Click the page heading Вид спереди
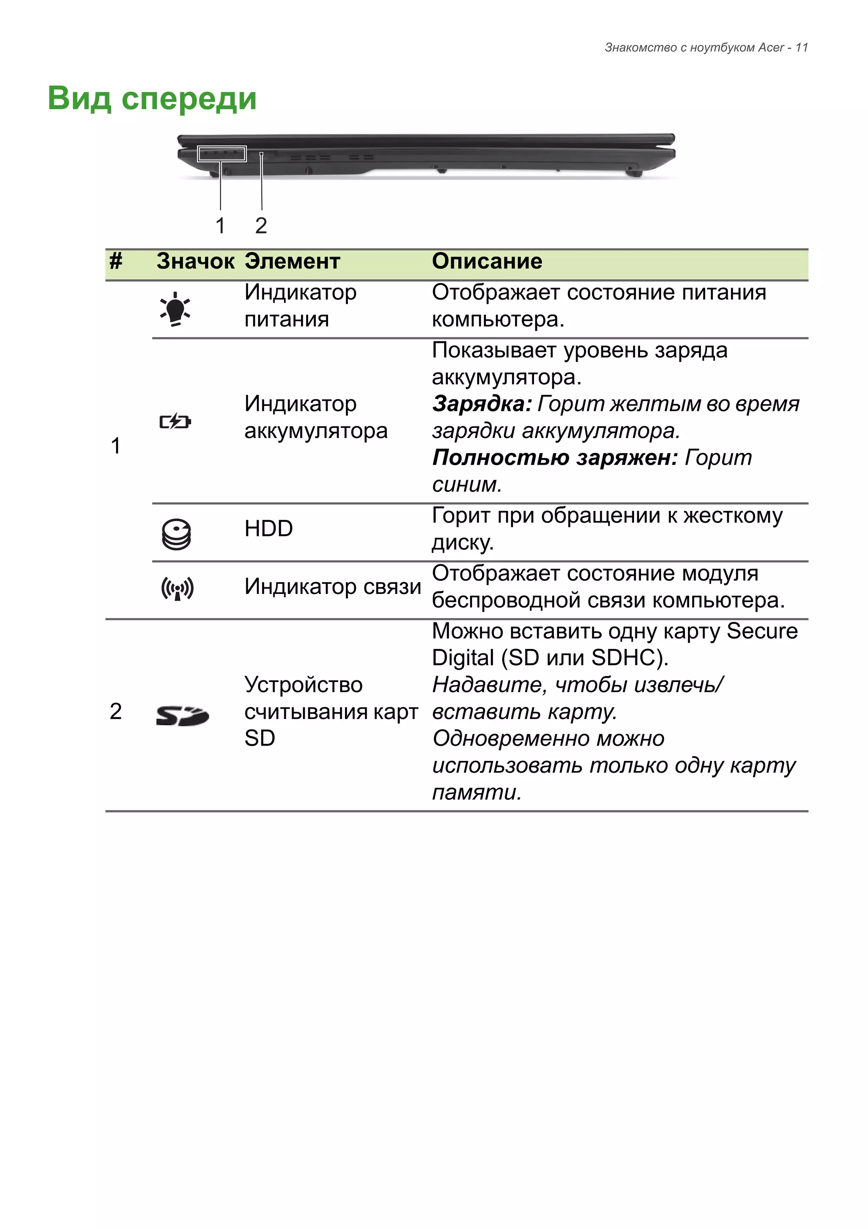[152, 98]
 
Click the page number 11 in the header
[801, 47]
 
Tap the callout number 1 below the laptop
[220, 226]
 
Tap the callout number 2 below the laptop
[261, 226]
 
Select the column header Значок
[195, 262]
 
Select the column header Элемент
[292, 262]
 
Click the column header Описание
[487, 262]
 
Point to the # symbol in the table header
[116, 262]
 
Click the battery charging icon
[175, 422]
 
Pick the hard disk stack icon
[176, 534]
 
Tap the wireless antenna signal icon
[177, 589]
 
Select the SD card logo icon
[182, 716]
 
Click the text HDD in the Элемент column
[268, 529]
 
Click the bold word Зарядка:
[481, 404]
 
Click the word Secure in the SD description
[762, 632]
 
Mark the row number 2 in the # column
[116, 712]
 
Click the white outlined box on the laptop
[222, 154]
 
